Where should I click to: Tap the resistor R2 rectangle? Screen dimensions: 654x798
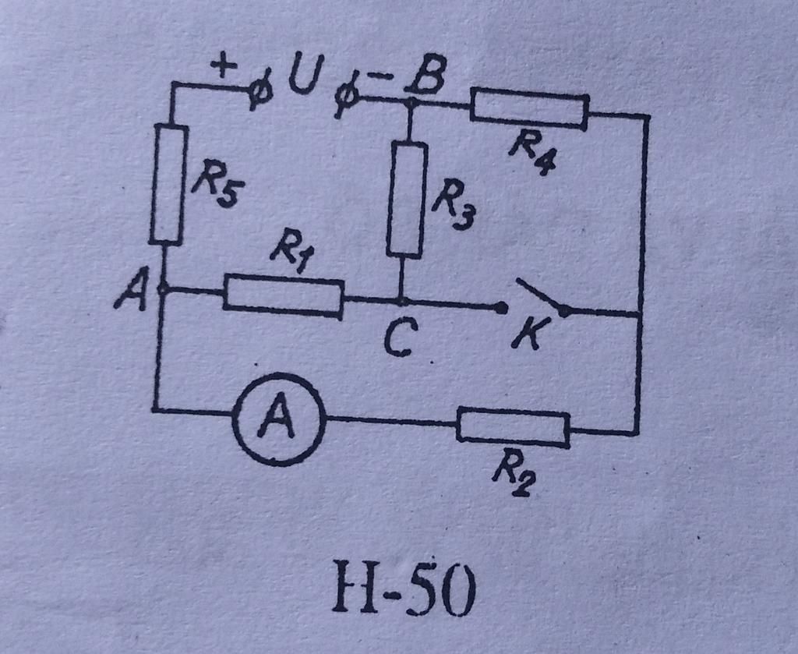pyautogui.click(x=513, y=426)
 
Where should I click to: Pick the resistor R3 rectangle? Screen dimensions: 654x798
pyautogui.click(x=407, y=200)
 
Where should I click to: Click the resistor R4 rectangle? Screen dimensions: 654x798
pyautogui.click(x=529, y=108)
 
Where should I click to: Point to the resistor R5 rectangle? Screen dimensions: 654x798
pyautogui.click(x=168, y=184)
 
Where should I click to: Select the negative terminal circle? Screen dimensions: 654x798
pyautogui.click(x=344, y=99)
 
